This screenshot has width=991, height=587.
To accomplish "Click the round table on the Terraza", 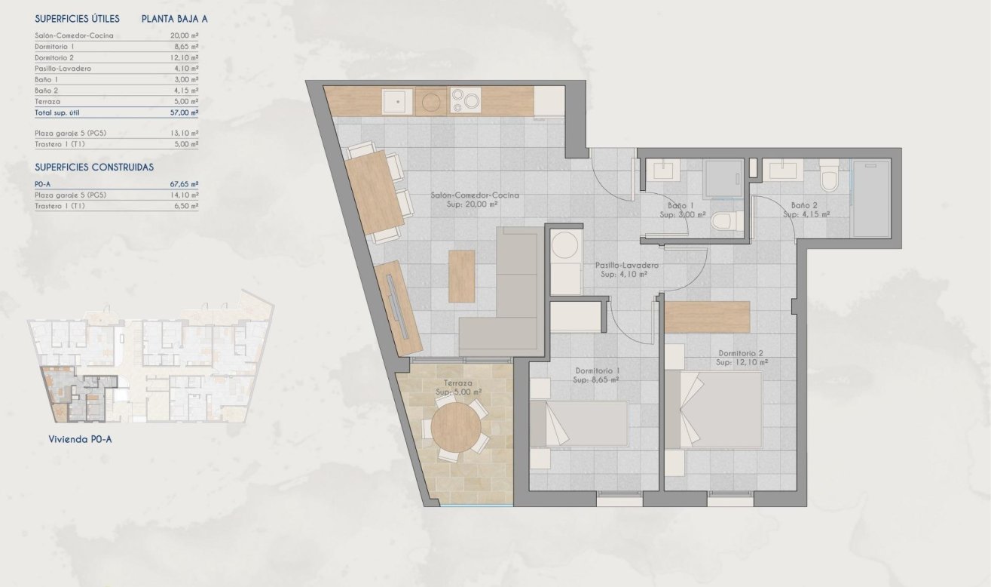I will (x=457, y=428).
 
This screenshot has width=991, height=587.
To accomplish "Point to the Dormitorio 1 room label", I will (x=597, y=375).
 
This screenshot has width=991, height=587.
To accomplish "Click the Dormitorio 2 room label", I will (x=742, y=358).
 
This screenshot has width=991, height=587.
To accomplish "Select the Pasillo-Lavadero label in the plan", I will (x=627, y=270).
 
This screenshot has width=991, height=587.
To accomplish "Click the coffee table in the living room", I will (x=461, y=275).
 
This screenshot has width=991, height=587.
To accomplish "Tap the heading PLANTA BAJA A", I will (x=174, y=19).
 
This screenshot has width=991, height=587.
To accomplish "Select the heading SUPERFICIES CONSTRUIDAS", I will (x=94, y=167).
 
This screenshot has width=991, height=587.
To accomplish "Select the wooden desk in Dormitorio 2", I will (x=708, y=317).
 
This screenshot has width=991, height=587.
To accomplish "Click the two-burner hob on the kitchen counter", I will (x=465, y=101).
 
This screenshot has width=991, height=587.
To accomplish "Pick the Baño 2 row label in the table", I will (x=47, y=91).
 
